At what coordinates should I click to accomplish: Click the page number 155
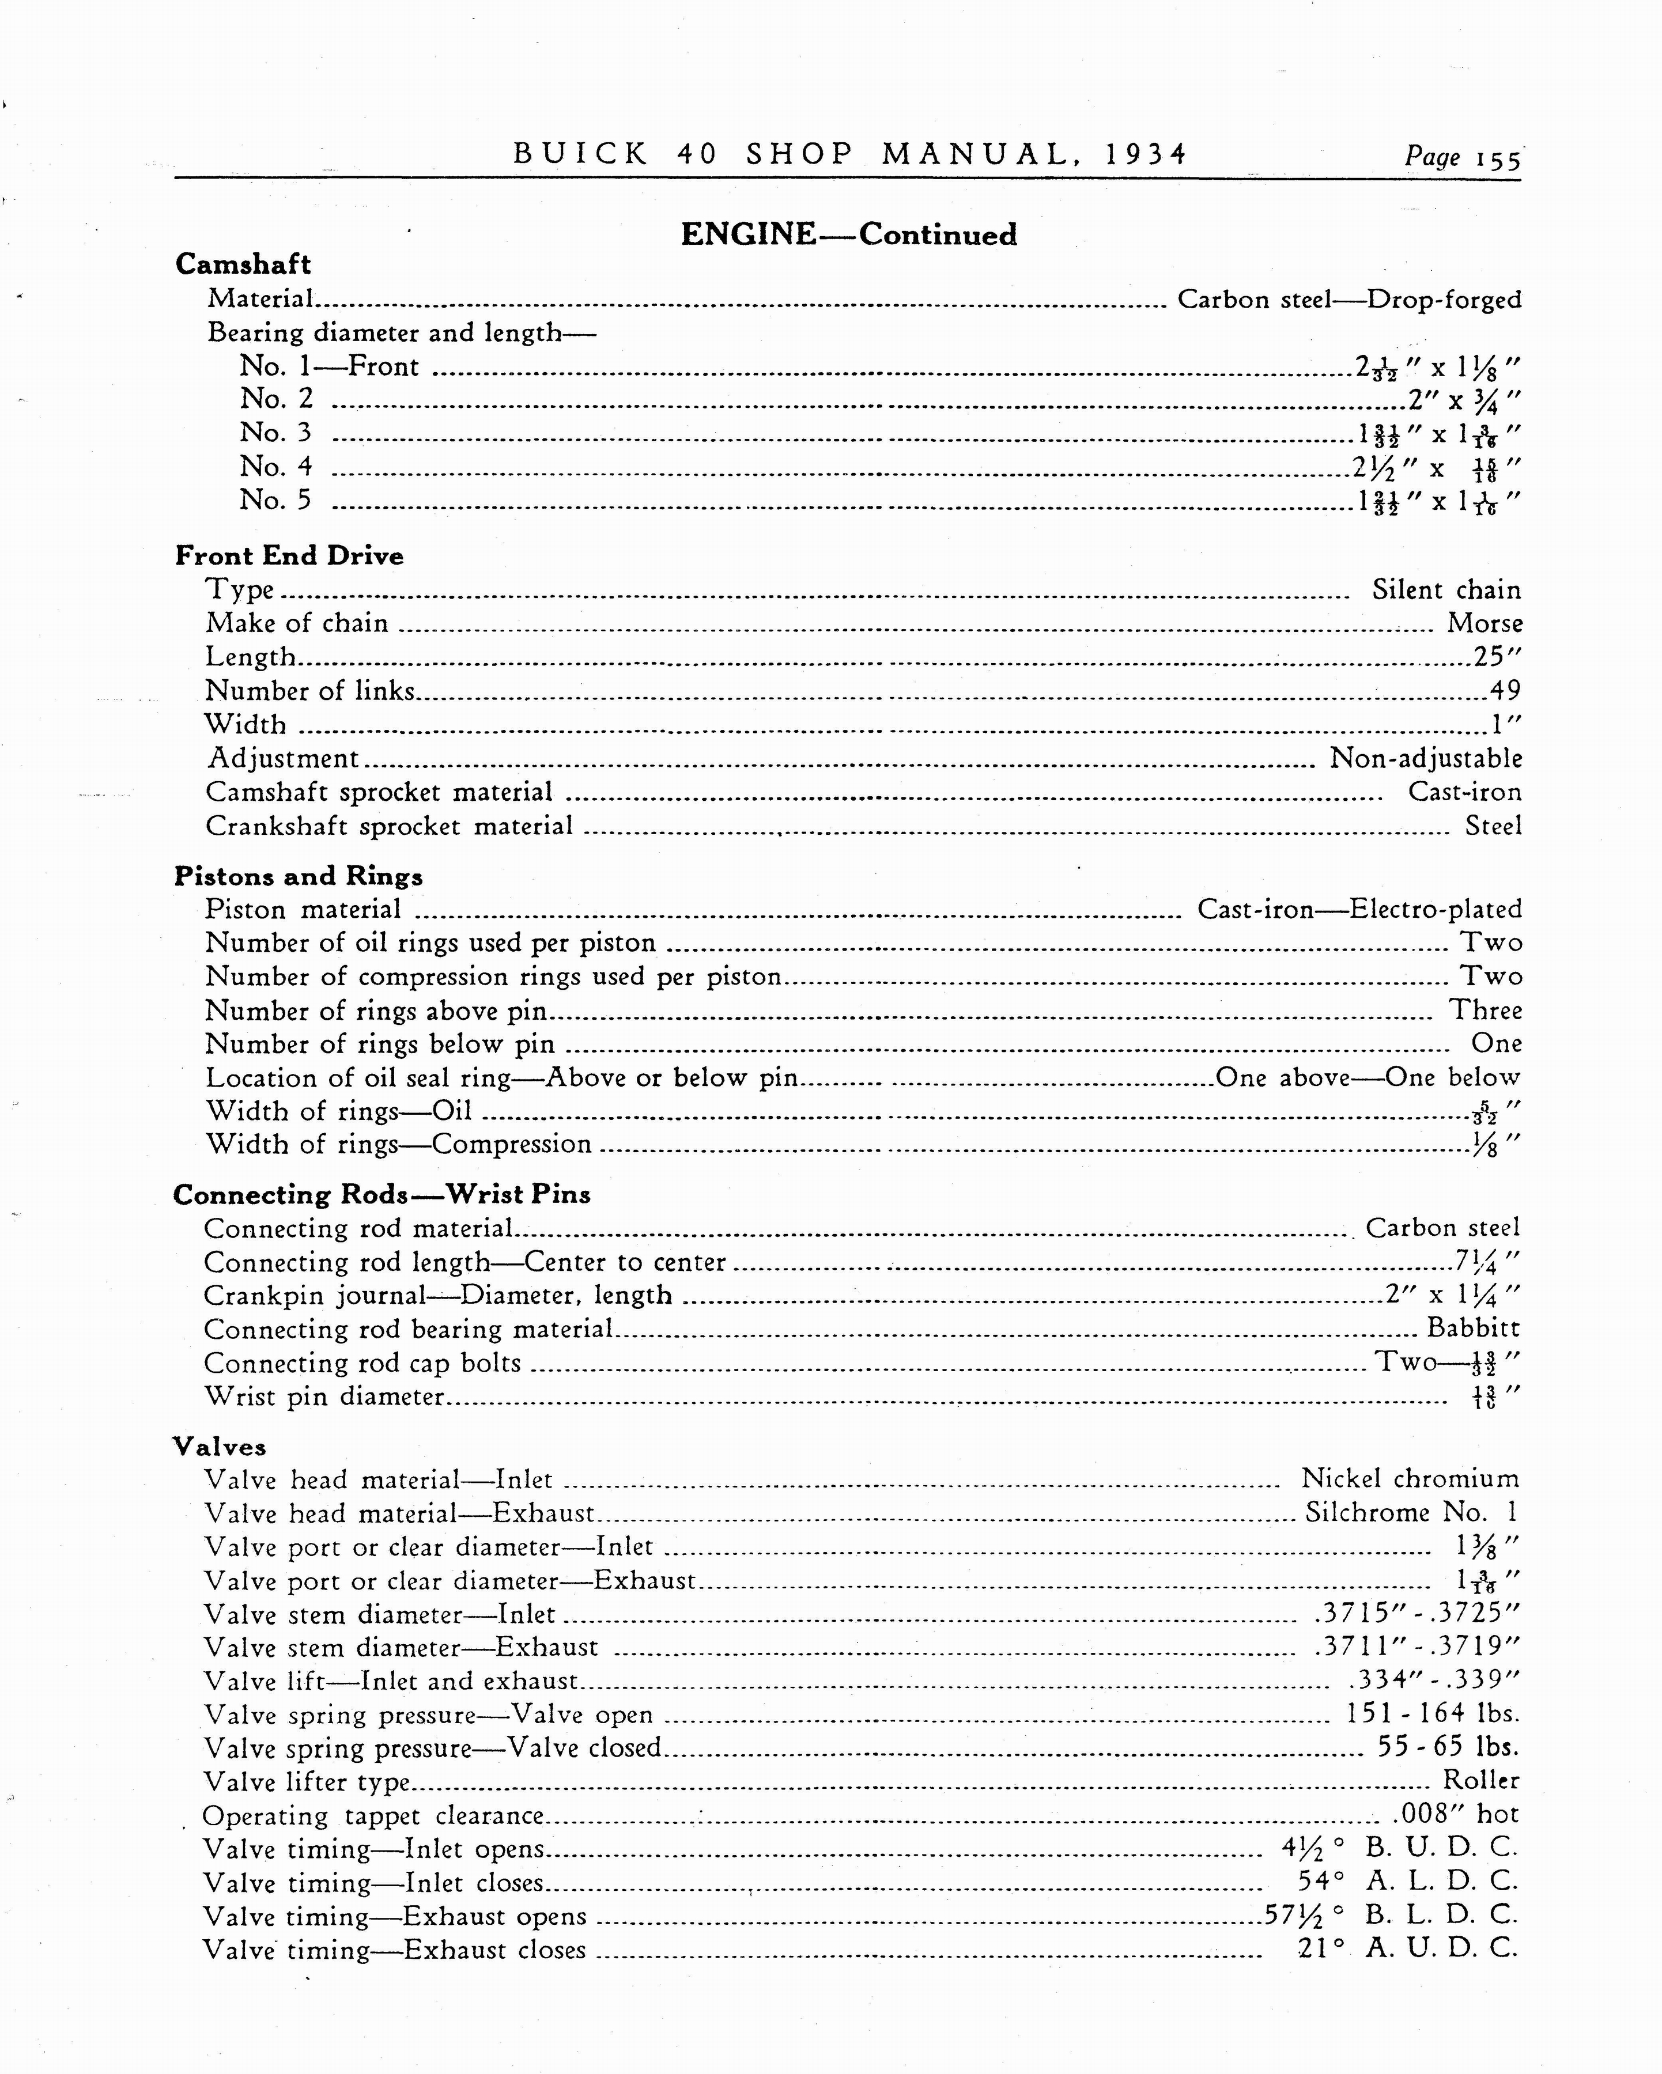[x=1497, y=160]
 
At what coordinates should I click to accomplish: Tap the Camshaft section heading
[x=243, y=264]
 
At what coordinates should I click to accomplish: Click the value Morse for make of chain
[x=1484, y=623]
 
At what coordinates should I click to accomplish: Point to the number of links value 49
[x=1505, y=691]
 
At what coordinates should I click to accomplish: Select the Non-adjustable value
[x=1425, y=759]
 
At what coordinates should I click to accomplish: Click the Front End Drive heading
[x=289, y=556]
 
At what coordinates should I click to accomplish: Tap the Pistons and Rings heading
[x=299, y=876]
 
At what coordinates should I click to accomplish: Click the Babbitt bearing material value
[x=1474, y=1329]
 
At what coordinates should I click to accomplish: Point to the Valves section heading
[x=220, y=1447]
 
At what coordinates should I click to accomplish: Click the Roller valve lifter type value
[x=1481, y=1781]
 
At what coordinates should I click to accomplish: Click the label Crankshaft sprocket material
[x=389, y=826]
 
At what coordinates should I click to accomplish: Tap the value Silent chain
[x=1446, y=590]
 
